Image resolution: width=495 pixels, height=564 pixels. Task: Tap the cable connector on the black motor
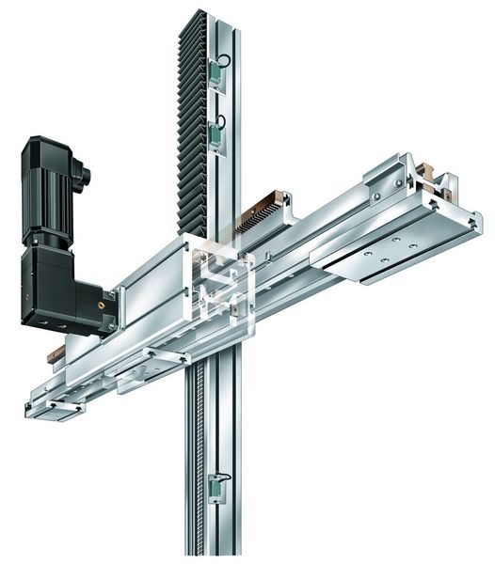coord(83,174)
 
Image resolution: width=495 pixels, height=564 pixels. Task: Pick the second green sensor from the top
coord(218,137)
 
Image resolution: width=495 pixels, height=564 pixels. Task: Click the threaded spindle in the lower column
coord(200,451)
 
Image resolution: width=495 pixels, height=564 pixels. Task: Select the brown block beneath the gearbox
coord(56,352)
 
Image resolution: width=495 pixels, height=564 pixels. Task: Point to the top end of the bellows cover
coord(196,17)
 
